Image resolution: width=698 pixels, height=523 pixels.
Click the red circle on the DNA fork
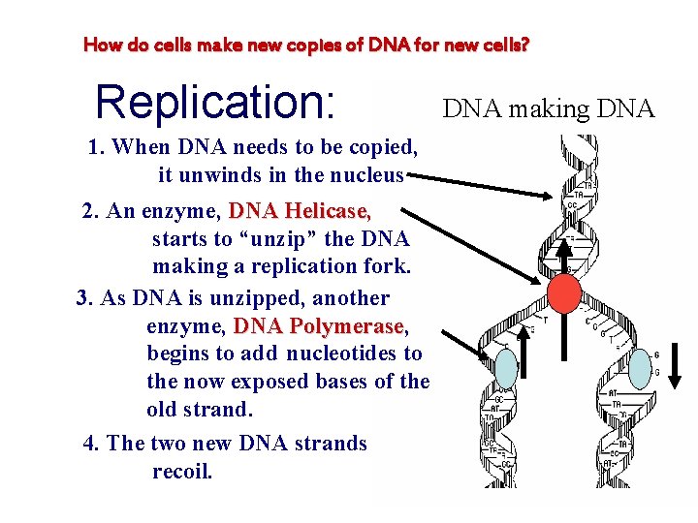pos(564,292)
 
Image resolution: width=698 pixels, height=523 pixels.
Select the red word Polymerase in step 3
pos(349,325)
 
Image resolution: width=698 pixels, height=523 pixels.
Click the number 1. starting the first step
pos(96,147)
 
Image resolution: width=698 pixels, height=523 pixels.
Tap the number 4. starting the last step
pos(92,444)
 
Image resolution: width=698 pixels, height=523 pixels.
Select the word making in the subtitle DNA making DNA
pos(549,109)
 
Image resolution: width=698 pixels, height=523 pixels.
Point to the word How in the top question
pos(100,45)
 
